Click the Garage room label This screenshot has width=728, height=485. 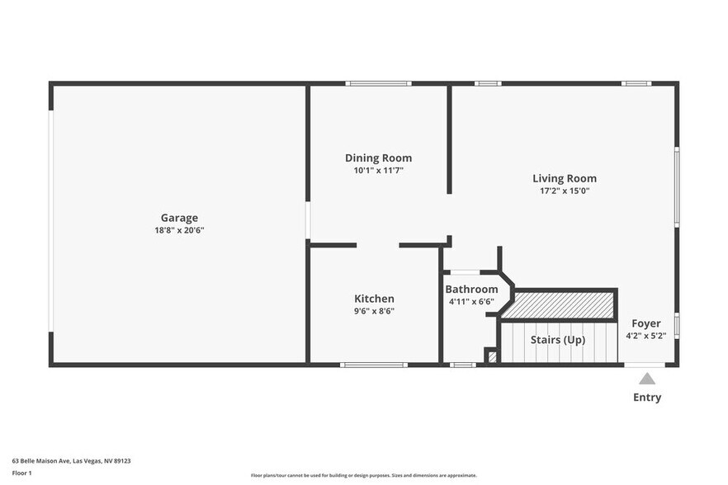click(x=179, y=218)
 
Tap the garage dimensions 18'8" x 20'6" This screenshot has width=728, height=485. click(x=179, y=230)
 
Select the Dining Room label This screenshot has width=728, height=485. click(x=378, y=158)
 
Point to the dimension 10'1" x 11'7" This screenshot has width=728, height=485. click(x=378, y=171)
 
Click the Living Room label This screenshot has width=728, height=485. click(x=564, y=178)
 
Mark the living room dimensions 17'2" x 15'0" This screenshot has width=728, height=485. click(x=564, y=191)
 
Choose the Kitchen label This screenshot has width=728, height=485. click(x=374, y=299)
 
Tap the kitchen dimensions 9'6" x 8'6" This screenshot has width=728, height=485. click(x=374, y=311)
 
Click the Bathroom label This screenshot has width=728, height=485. click(x=471, y=290)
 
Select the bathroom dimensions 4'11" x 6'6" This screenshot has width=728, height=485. click(x=471, y=302)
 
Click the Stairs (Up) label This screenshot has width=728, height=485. click(x=558, y=340)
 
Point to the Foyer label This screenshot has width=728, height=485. click(x=646, y=323)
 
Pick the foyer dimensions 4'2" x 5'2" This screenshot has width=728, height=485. click(x=646, y=336)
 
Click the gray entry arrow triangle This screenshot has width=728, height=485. click(x=647, y=379)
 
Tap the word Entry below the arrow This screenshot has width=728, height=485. click(x=647, y=398)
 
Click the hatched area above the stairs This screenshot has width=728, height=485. click(x=560, y=305)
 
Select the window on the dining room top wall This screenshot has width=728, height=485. click(x=378, y=83)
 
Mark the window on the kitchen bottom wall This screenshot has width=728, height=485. click(x=373, y=365)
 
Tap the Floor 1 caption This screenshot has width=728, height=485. click(x=22, y=473)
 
